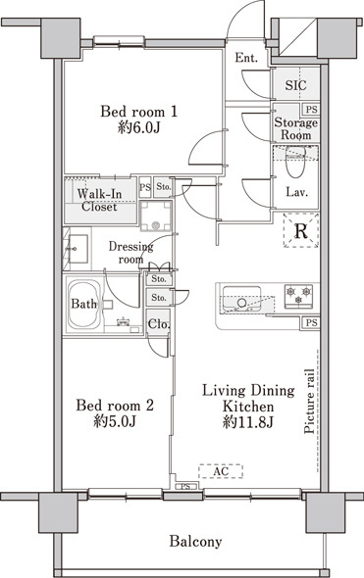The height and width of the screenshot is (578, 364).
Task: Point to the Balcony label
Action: pos(195,542)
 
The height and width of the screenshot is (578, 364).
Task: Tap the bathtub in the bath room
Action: pos(84,304)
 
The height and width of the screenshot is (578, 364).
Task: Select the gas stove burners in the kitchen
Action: pos(298,296)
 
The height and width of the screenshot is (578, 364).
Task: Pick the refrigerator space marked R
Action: pos(301,231)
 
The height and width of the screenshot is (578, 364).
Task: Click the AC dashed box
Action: pos(221,471)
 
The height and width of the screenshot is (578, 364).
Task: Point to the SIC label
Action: pos(295,85)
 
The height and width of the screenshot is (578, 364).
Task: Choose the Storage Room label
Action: pos(295,128)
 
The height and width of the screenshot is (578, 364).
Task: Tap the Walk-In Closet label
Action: pos(99,200)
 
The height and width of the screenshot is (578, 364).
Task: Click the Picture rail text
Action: pos(309,401)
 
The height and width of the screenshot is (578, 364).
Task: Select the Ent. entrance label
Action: pos(246,58)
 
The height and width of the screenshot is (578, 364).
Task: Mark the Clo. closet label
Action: pos(158,324)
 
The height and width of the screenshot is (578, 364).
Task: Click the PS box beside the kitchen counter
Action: pos(311,322)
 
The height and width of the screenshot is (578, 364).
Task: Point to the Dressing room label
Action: pos(131,253)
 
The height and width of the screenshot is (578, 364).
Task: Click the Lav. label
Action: pos(297,192)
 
